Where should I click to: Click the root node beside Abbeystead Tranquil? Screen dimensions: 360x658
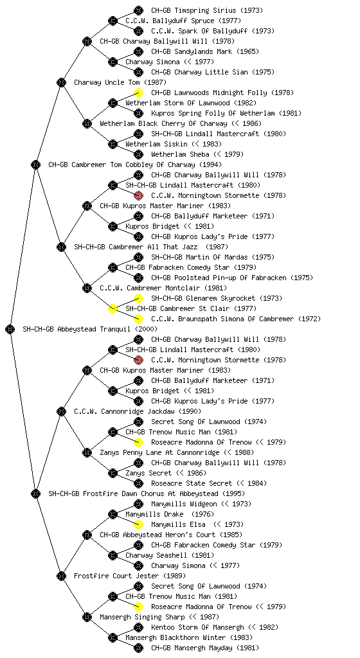(x=10, y=329)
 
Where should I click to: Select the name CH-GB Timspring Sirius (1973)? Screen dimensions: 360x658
(x=207, y=10)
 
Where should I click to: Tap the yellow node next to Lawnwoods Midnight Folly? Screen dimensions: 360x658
(x=138, y=93)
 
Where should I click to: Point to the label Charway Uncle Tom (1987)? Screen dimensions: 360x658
(x=120, y=82)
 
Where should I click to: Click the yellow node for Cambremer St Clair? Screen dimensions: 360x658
(x=113, y=309)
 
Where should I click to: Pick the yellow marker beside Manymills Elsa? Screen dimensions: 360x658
(x=138, y=524)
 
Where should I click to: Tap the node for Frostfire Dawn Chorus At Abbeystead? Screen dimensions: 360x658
(x=35, y=493)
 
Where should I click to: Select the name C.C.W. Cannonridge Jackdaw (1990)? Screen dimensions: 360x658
(x=138, y=411)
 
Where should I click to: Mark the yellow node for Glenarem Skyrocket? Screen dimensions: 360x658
(x=138, y=298)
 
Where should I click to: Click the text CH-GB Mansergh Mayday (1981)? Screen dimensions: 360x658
(x=205, y=648)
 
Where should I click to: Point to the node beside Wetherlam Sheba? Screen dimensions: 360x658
(x=138, y=154)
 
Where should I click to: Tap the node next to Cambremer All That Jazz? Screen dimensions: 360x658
(x=61, y=247)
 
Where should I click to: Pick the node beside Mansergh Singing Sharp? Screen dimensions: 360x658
(x=87, y=617)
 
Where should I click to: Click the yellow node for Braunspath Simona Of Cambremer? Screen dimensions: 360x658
(x=138, y=319)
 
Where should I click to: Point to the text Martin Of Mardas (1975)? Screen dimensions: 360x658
(x=213, y=257)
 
